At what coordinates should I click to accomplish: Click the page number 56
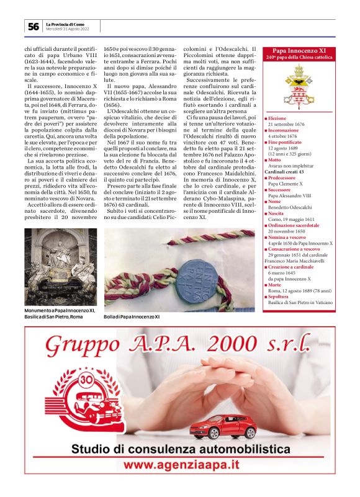pos(33,27)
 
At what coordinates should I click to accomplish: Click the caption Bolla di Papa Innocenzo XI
pos(131,316)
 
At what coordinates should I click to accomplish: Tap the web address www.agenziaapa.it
pos(180,464)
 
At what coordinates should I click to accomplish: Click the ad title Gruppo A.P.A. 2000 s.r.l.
pos(180,343)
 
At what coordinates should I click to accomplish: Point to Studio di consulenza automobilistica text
pos(180,448)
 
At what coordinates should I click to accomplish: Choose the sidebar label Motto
pos(274,159)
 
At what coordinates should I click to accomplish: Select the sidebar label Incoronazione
pos(284,131)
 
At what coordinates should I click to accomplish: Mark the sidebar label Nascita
pos(276,213)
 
